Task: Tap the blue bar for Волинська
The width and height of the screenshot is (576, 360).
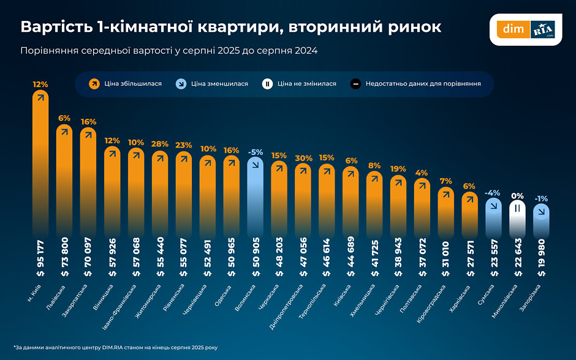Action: (256, 196)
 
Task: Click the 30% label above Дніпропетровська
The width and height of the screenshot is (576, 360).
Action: (303, 158)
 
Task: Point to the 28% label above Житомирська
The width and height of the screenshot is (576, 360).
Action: (160, 144)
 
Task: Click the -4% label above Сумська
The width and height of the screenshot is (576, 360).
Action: (493, 193)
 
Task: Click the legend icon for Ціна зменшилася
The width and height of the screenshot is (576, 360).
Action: (182, 83)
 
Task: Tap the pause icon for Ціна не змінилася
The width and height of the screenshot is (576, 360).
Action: (268, 83)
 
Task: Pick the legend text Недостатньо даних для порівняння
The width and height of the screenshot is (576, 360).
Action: (423, 83)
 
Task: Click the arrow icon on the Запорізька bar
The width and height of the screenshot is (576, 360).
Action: (541, 211)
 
